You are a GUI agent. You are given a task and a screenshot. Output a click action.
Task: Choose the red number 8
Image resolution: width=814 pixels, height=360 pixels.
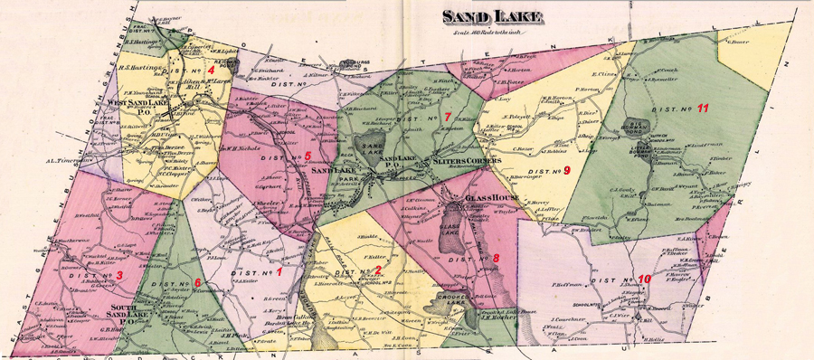[495, 259]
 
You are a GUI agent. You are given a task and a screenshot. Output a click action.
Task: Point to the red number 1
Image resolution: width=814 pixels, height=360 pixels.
[279, 270]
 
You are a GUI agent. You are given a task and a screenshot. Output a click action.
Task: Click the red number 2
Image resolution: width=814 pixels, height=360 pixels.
[377, 271]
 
